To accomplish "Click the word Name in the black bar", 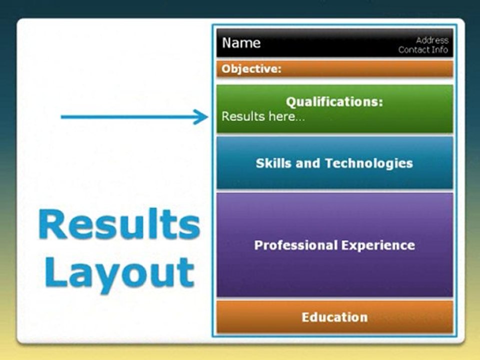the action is [x=241, y=43].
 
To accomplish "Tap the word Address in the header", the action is [x=432, y=40].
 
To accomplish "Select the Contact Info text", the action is [x=423, y=49].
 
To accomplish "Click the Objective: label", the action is [x=251, y=68].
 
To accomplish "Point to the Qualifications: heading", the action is [x=334, y=101].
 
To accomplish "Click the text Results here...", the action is [x=263, y=116].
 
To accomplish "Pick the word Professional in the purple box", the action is [x=295, y=245].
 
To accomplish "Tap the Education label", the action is [x=334, y=317].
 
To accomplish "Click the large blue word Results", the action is [x=119, y=224].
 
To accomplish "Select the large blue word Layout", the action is [x=119, y=273].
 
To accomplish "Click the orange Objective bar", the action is [x=334, y=69].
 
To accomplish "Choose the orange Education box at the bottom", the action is [x=334, y=317].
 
